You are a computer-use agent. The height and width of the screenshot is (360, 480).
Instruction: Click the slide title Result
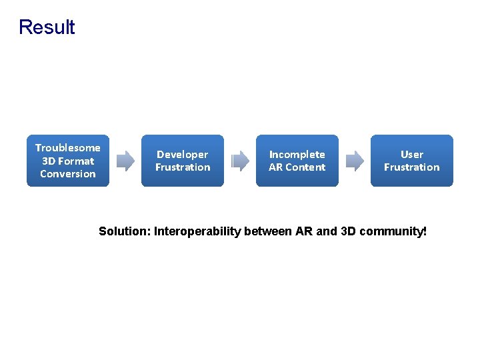click(x=47, y=27)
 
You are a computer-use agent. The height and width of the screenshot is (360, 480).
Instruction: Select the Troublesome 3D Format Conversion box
click(x=68, y=161)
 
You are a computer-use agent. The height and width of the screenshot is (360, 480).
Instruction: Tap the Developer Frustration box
click(x=183, y=161)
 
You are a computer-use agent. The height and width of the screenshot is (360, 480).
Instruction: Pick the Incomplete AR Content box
click(x=297, y=161)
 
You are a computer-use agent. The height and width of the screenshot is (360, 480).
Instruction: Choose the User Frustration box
click(x=411, y=161)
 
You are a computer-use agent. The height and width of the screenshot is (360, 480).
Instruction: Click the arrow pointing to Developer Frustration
click(x=125, y=161)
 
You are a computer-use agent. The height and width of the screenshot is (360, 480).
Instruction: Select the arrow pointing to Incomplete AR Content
click(x=240, y=161)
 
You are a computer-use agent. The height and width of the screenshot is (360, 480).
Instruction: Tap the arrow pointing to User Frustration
click(x=355, y=161)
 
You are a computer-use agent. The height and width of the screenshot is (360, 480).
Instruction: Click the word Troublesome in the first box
click(x=68, y=148)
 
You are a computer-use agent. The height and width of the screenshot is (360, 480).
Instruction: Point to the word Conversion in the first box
click(x=68, y=174)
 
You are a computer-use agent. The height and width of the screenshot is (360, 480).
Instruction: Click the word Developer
click(x=183, y=155)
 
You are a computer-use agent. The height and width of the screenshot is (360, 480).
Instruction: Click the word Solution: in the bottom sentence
click(x=125, y=232)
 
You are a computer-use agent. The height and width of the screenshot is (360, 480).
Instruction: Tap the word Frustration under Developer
click(x=183, y=167)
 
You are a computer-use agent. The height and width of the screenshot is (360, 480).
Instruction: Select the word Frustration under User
click(x=411, y=167)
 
